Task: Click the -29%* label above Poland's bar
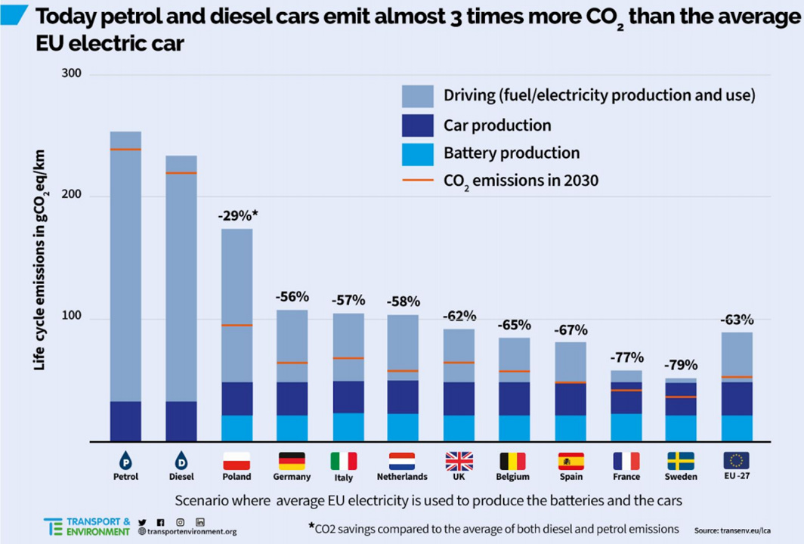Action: tap(237, 215)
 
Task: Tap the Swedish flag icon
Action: tap(681, 460)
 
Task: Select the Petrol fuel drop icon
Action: tap(125, 460)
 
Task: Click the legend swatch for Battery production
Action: tap(418, 153)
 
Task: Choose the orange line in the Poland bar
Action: tap(237, 325)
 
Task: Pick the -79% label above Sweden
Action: tap(681, 364)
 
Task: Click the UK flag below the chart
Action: tap(459, 460)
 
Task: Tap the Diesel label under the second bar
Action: tap(181, 477)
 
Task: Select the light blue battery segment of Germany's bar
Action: tap(292, 428)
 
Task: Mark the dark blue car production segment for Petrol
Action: tap(125, 421)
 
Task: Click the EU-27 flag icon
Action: tap(736, 460)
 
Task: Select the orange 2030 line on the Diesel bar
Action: tap(181, 173)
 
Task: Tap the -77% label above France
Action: tap(626, 357)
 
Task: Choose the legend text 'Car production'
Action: tap(497, 125)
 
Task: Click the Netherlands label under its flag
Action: tap(402, 477)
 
